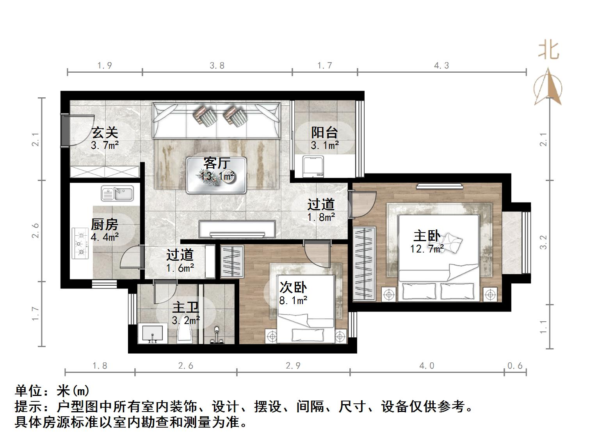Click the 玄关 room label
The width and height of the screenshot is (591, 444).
coord(105,132)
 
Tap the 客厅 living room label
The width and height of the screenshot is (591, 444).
coord(217,163)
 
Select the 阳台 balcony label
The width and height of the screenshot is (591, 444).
coord(324,132)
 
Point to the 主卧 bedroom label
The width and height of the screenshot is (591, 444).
coord(427,236)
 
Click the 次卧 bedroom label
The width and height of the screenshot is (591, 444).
coord(293,288)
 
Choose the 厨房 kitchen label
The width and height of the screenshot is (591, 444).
coord(104,224)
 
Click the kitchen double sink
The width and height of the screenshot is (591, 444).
coord(117,193)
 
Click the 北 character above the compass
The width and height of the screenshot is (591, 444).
coord(549,50)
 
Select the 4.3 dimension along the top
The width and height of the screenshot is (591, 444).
coord(441,66)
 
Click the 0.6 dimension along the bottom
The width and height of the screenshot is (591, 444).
coord(515,366)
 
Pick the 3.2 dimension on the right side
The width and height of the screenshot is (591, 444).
coord(543,242)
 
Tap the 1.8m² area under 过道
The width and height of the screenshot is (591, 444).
coord(321,217)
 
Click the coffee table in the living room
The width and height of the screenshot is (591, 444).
coord(217,175)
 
